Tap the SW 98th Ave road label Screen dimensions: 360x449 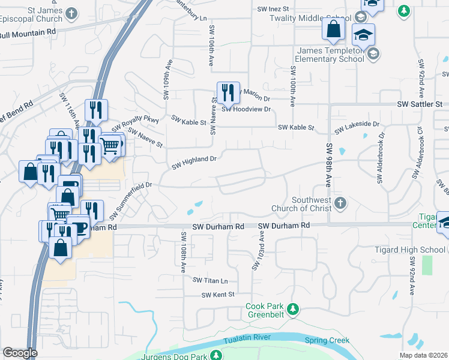click(330, 167)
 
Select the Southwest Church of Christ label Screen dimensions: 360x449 click(311, 205)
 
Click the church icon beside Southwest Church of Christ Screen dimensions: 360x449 click(340, 203)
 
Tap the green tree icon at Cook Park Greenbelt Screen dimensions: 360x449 click(292, 309)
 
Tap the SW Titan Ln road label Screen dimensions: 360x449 click(211, 280)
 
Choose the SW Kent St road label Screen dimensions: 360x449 click(217, 295)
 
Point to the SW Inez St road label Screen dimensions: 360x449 click(273, 9)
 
